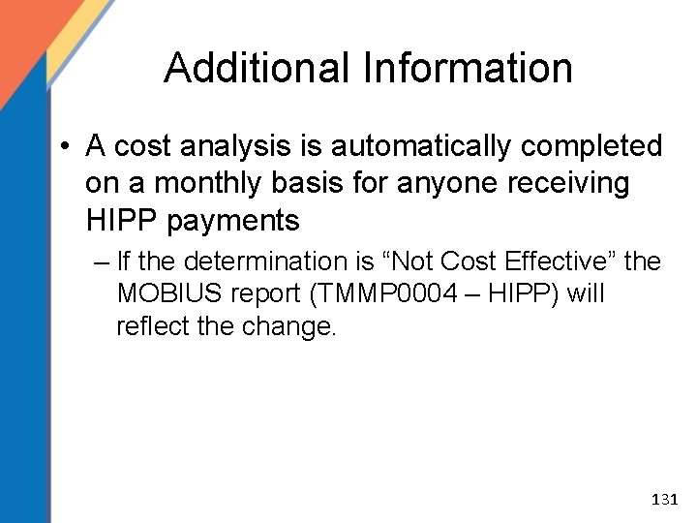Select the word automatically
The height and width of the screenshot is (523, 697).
(427, 146)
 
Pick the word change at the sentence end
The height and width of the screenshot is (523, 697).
(289, 326)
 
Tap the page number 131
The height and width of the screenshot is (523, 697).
(665, 500)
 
